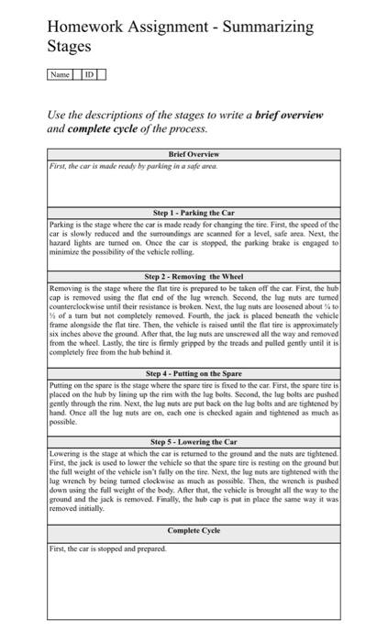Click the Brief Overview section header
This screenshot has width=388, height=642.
[194, 154]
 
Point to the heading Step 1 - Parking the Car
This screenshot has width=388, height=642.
[194, 213]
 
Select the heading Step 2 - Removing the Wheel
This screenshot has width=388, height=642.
[194, 276]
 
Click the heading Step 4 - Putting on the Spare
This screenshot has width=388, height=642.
[194, 374]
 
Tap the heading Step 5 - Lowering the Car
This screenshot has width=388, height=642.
[194, 442]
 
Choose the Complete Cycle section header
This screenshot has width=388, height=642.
[194, 531]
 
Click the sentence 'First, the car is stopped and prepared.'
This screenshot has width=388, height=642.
[107, 548]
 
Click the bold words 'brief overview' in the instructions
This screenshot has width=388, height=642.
[272, 116]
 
